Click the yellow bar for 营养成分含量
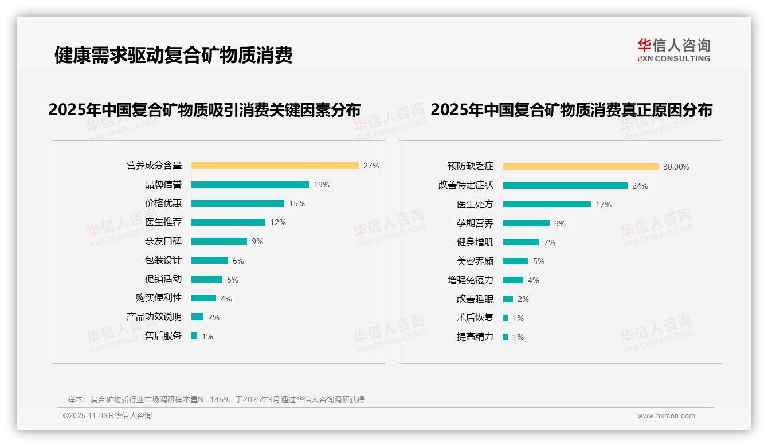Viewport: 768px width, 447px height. (275, 166)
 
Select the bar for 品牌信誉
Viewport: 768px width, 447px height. (250, 185)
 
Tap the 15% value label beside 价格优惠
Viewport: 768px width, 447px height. (297, 203)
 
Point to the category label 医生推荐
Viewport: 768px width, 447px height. (163, 222)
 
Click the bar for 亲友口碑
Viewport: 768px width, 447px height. (219, 241)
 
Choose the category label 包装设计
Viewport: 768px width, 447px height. (163, 260)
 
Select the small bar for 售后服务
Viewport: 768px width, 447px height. (194, 336)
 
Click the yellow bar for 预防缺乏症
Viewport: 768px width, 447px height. (581, 167)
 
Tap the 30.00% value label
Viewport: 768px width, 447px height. (676, 167)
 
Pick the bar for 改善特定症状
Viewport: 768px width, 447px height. (565, 186)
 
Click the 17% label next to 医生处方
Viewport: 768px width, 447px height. (604, 205)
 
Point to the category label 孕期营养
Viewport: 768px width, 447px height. (475, 223)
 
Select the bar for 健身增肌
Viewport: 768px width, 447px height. (521, 242)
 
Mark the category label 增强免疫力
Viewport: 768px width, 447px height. (470, 280)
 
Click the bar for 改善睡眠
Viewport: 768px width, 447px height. (508, 299)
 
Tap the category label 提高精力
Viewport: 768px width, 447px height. (475, 337)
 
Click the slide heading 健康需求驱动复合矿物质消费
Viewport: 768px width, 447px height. (173, 55)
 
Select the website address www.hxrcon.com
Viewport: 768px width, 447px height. (666, 416)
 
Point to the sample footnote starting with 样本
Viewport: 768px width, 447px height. (216, 399)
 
